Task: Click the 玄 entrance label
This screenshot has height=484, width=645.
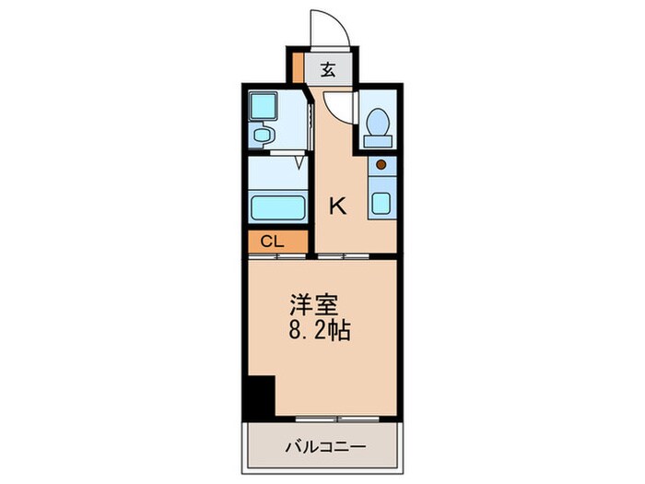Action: (x=327, y=68)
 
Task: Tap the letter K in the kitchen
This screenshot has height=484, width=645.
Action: (x=338, y=206)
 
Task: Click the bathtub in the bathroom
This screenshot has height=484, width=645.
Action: (x=278, y=206)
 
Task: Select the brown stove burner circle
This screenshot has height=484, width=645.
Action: (x=381, y=165)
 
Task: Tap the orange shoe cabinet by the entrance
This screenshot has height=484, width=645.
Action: (x=298, y=69)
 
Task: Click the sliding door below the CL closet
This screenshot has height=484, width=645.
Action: (x=277, y=255)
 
